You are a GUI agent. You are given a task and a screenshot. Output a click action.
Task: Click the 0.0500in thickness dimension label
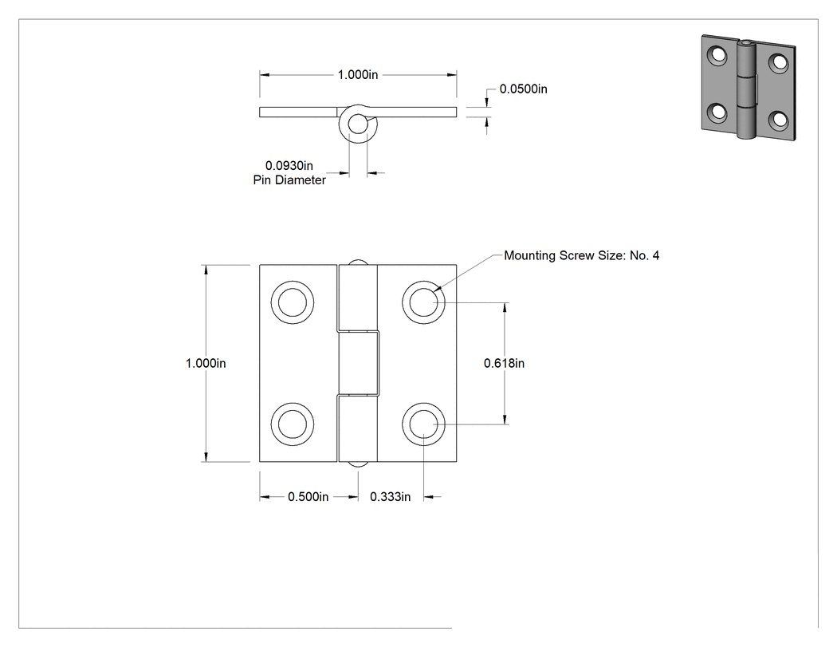coord(523,89)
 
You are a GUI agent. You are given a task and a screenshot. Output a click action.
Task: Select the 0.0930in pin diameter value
coord(289,166)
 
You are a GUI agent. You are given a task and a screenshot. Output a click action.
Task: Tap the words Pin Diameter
coord(289,180)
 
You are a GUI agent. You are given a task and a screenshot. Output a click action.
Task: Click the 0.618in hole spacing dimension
coord(504,363)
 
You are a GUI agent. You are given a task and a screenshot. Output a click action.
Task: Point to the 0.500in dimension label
coord(308,497)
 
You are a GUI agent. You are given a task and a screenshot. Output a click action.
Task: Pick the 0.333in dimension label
coord(391,497)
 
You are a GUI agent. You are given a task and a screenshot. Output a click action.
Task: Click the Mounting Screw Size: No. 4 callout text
coord(581,255)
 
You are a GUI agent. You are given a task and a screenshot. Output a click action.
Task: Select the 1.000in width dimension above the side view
coord(358,75)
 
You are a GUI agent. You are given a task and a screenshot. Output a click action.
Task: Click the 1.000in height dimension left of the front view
coord(206,363)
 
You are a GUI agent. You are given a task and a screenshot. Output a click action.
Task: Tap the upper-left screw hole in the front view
coord(292,302)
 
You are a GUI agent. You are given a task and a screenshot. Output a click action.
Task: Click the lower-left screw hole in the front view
coord(292,424)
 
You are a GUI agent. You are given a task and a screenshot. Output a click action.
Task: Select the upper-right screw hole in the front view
coord(423,302)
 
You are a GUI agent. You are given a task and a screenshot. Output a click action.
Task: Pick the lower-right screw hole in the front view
coord(423,424)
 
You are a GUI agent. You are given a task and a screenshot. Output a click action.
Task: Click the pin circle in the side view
coord(358,124)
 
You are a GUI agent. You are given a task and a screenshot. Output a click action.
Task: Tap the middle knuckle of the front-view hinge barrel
coord(358,363)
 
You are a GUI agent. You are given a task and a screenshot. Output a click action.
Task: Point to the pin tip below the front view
coord(358,464)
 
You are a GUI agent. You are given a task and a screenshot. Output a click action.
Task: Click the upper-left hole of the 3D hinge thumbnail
coord(717,56)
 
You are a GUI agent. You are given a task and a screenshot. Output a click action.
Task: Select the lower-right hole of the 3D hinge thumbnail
coord(778,120)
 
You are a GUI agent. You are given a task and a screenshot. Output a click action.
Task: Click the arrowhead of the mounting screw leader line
coord(438,289)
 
